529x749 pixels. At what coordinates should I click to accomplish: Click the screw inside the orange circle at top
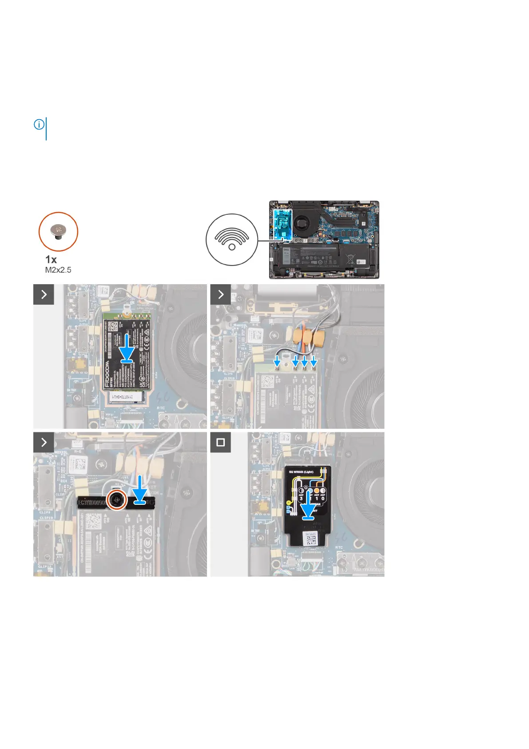pos(58,231)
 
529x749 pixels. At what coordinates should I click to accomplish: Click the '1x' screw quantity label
pos(51,259)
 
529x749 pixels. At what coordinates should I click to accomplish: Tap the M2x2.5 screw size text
pos(58,270)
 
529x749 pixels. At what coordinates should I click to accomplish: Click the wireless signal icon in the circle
pos(232,239)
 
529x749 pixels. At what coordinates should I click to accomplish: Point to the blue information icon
pos(39,125)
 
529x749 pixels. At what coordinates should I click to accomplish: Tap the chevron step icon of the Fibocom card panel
pos(44,294)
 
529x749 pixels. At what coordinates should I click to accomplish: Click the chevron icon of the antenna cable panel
pos(221,294)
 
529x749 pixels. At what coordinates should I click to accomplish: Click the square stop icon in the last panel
pos(221,443)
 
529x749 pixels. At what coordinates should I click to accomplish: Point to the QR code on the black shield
pos(311,540)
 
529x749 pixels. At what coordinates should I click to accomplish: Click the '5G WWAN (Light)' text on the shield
pos(301,471)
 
